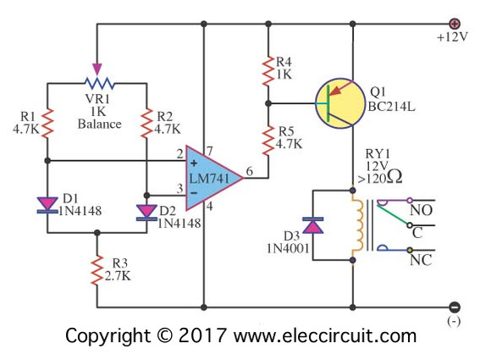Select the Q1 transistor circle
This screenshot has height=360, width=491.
coord(340,103)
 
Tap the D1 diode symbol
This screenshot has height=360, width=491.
coord(47,206)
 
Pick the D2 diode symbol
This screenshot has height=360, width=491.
coord(146,213)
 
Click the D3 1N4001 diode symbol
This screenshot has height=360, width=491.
coord(313,225)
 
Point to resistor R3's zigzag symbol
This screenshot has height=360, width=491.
coord(97,270)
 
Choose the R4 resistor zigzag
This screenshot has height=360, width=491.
coord(268,71)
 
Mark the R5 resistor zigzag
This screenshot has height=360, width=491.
coord(268,141)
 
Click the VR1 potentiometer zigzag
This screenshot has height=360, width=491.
coord(100,83)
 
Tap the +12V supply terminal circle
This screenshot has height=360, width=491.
coord(455,24)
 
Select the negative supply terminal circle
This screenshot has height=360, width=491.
coord(455,307)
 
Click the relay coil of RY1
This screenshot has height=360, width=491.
coord(357,225)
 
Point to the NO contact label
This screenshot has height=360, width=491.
coord(422,211)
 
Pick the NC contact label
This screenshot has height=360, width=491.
coord(421,260)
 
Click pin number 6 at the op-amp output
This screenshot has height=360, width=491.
coord(249,171)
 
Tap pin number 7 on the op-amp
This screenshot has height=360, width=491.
coord(209,152)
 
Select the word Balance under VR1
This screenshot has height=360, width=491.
coord(100,124)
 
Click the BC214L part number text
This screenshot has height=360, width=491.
coord(391,108)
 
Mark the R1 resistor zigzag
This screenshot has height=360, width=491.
coord(47,124)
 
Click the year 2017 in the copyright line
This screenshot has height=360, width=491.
coord(202,335)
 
